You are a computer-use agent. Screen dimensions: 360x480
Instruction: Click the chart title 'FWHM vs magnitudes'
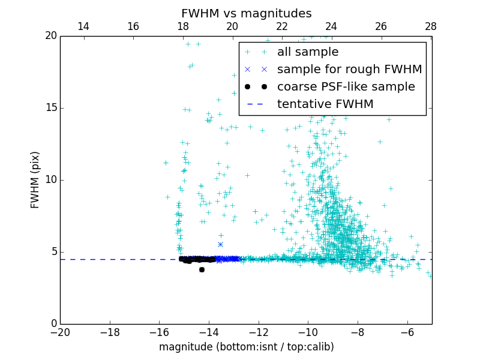click(x=246, y=13)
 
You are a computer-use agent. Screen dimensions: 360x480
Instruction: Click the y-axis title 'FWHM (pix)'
click(x=35, y=180)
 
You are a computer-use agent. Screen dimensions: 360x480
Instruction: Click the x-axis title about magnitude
click(x=246, y=347)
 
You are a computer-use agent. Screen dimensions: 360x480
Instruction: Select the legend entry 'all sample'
click(x=307, y=52)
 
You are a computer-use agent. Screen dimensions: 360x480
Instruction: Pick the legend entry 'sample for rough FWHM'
click(x=349, y=70)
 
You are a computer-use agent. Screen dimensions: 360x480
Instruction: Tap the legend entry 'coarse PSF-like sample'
click(x=346, y=87)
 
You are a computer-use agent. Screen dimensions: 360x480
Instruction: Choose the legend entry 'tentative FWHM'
click(x=325, y=104)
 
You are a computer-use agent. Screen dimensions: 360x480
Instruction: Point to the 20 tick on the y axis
click(x=50, y=36)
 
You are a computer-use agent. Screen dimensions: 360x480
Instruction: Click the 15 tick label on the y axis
click(x=50, y=108)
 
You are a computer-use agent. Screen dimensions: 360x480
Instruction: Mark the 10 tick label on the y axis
click(x=50, y=180)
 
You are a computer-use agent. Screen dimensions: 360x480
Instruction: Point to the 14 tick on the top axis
click(x=83, y=26)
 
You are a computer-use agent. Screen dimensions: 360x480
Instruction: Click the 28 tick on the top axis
click(x=431, y=26)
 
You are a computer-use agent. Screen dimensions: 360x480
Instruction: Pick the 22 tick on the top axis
click(x=282, y=26)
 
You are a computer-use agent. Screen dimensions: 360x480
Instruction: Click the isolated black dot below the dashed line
click(x=202, y=269)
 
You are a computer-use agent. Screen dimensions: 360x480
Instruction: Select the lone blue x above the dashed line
click(x=220, y=244)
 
